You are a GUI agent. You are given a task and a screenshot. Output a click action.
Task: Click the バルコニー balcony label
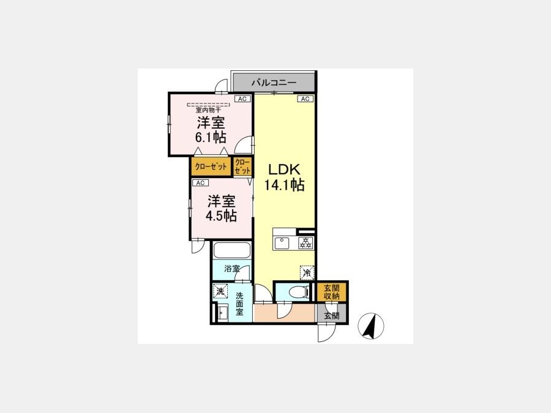click(x=274, y=83)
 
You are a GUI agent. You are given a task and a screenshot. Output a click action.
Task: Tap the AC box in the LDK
click(x=305, y=99)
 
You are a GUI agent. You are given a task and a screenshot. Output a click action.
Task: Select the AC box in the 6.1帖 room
click(x=242, y=99)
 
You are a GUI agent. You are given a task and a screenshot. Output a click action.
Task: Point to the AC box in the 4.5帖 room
click(x=200, y=182)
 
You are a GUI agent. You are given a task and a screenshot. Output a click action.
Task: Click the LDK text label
click(x=284, y=169)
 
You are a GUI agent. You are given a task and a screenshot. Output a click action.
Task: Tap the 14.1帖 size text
click(x=284, y=185)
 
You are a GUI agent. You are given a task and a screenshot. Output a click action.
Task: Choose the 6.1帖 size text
click(x=211, y=137)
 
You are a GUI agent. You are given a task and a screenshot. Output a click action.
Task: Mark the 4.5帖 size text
click(x=221, y=215)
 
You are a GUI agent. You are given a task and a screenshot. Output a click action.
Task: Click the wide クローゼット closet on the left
click(x=211, y=166)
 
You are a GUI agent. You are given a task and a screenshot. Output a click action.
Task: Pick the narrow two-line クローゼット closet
click(x=242, y=166)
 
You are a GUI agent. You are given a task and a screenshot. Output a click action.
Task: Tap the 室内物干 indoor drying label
click(x=208, y=110)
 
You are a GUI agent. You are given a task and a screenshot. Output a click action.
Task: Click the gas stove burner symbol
click(x=306, y=243)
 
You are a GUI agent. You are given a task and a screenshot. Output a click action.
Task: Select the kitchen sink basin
click(x=282, y=243)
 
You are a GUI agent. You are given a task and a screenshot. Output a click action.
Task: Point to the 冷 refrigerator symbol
click(x=307, y=272)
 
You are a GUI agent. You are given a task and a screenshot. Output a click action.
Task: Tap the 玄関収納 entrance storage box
click(x=331, y=292)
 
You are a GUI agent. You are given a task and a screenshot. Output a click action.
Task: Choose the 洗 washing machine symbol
click(x=220, y=291)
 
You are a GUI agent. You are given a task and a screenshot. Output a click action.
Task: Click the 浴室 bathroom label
click(x=232, y=269)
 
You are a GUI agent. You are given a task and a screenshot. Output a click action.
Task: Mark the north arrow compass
click(x=371, y=326)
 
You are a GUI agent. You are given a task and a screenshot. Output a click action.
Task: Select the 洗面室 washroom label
click(x=239, y=303)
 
